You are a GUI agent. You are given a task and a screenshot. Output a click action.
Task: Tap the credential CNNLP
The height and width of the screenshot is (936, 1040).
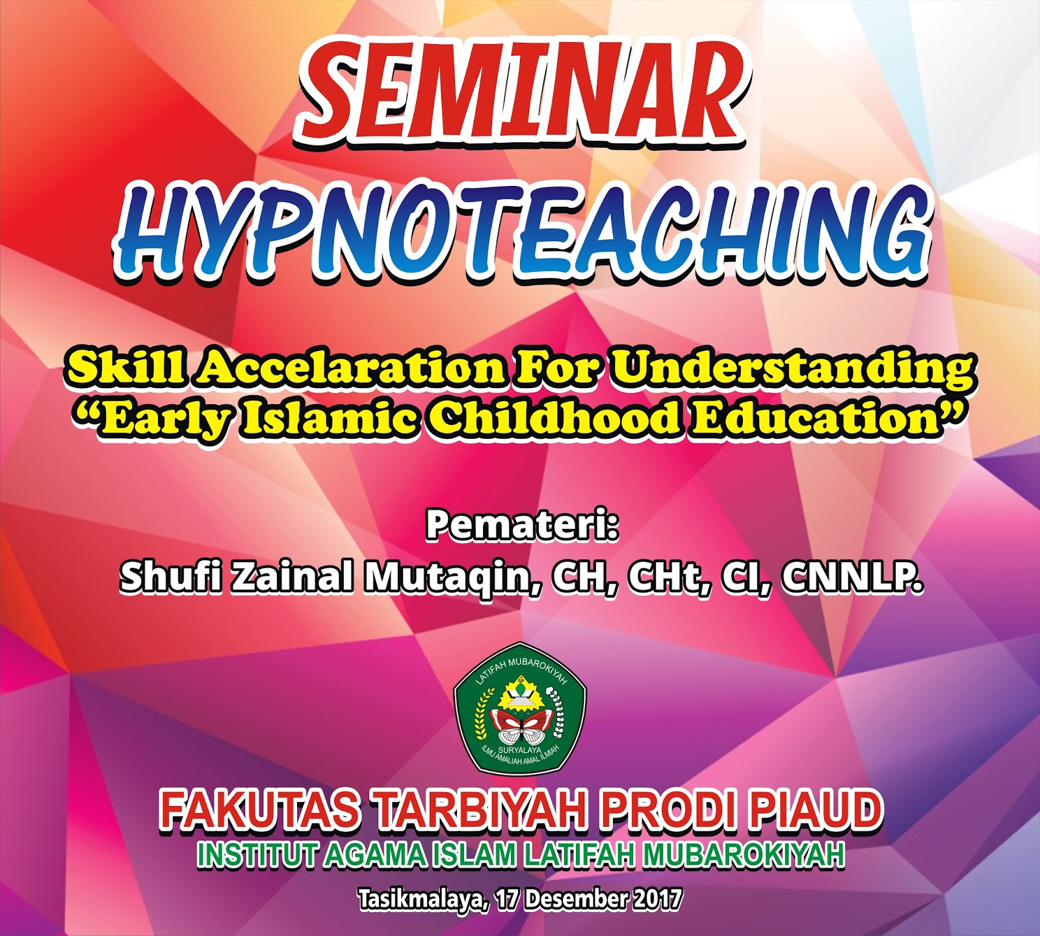click(x=851, y=577)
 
